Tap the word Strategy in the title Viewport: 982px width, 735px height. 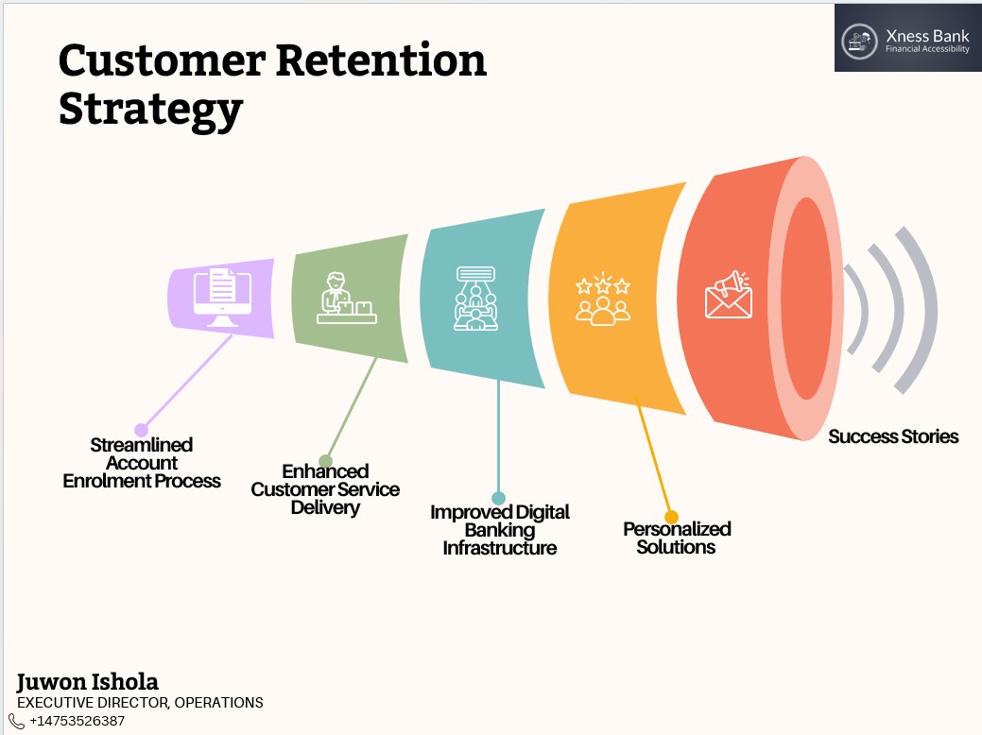(150, 110)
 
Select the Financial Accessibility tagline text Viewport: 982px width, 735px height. (927, 49)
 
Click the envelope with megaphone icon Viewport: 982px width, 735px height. (728, 296)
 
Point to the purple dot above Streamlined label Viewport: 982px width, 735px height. (142, 430)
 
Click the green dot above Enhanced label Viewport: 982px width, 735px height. (325, 462)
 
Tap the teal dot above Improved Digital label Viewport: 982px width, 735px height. (498, 498)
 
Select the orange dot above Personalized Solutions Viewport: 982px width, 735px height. (671, 517)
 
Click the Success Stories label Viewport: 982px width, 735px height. (893, 436)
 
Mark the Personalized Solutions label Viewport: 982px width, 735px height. (677, 538)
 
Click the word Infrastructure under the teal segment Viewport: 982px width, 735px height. (500, 549)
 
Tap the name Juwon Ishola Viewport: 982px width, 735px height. (88, 682)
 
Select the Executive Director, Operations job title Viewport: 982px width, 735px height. (140, 703)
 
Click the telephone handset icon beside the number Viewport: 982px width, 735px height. (17, 721)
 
